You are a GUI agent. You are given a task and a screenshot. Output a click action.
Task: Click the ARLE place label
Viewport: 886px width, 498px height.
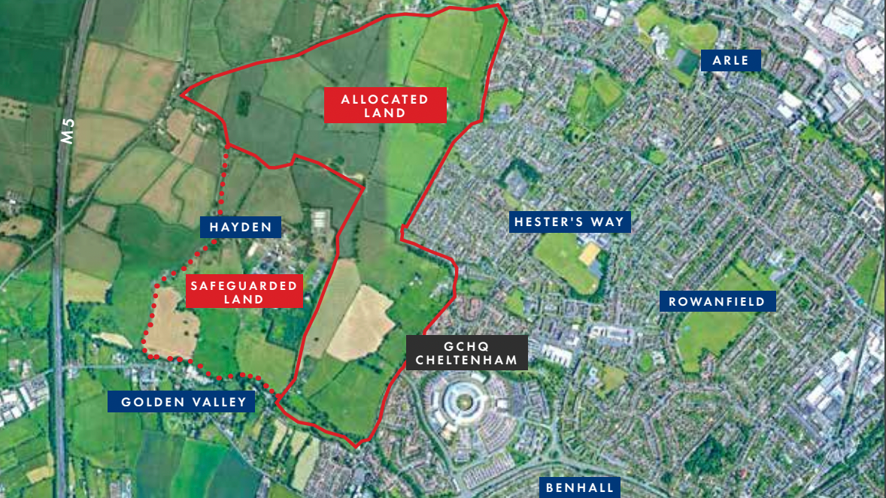pyautogui.click(x=730, y=60)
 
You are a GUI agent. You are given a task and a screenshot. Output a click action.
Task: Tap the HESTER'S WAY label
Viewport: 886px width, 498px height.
pyautogui.click(x=569, y=222)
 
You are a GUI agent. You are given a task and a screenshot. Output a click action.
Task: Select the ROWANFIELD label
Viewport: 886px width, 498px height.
pyautogui.click(x=717, y=302)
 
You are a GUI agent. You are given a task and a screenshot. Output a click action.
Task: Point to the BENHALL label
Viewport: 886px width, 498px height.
pyautogui.click(x=580, y=487)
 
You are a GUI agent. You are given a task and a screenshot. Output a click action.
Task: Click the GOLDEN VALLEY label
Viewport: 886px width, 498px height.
pyautogui.click(x=184, y=402)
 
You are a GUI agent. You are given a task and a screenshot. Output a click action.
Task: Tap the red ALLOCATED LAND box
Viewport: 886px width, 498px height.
pyautogui.click(x=385, y=106)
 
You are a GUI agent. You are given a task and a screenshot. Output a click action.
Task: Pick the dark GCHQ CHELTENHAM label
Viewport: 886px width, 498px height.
pyautogui.click(x=466, y=353)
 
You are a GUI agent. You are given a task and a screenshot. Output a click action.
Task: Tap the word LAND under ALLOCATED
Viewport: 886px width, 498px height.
pyautogui.click(x=385, y=113)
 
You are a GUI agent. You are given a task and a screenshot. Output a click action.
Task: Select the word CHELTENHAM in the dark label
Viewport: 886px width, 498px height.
pyautogui.click(x=466, y=361)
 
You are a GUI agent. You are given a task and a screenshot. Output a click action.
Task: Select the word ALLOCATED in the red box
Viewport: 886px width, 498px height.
pyautogui.click(x=385, y=99)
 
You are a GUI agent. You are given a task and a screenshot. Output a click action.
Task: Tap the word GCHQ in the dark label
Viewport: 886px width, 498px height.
pyautogui.click(x=466, y=346)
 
